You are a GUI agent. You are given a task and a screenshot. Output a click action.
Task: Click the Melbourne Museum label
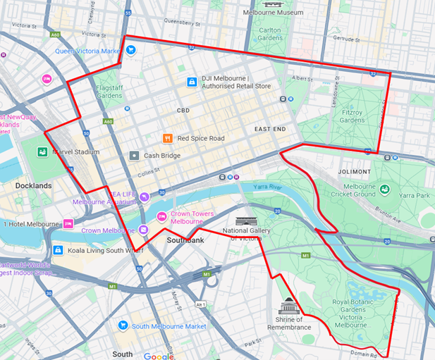click(x=273, y=13)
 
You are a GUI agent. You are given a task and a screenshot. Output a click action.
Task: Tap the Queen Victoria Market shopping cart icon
click(x=131, y=50)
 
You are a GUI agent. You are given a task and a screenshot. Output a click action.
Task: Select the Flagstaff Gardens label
click(x=109, y=91)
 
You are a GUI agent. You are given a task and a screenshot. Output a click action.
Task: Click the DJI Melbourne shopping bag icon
click(x=191, y=82)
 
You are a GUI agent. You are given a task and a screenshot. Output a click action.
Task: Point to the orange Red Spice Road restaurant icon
click(x=167, y=138)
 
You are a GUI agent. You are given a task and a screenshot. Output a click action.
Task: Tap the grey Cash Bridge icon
click(x=134, y=155)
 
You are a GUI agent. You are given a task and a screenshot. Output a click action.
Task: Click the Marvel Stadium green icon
click(x=43, y=151)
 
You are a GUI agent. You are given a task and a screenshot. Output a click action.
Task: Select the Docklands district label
click(x=33, y=185)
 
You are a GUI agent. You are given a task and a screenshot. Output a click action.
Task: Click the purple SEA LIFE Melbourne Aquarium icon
click(x=144, y=197)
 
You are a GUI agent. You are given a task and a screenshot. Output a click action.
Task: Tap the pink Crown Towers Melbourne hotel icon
click(x=161, y=215)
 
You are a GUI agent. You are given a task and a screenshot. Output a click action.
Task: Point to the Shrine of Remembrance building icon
click(x=288, y=307)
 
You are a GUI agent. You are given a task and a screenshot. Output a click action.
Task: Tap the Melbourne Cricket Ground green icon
click(x=385, y=189)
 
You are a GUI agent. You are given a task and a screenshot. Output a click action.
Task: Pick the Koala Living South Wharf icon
click(x=57, y=249)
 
